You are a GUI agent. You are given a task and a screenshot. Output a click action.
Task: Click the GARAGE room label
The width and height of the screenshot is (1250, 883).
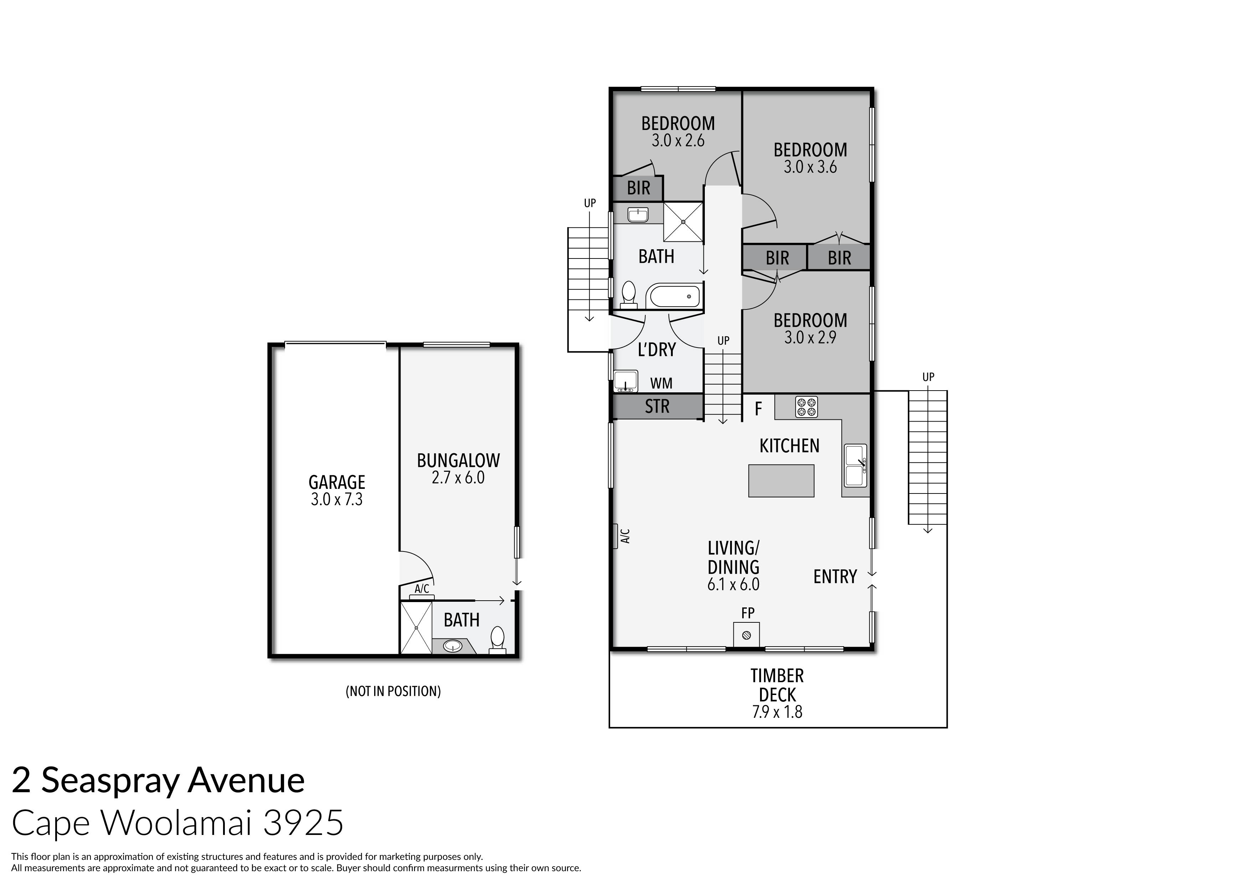pos(336,482)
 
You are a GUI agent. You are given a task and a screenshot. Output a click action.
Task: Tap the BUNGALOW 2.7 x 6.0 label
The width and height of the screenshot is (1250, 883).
pos(458,469)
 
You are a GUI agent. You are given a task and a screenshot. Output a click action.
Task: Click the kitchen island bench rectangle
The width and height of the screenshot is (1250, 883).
pos(781,480)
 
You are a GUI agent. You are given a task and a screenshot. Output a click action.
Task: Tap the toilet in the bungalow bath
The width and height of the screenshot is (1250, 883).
pos(497,639)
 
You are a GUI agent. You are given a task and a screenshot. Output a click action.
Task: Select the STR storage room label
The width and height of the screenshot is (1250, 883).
pos(657,406)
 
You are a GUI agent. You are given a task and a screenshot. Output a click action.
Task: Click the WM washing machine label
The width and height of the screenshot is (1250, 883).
pos(661,383)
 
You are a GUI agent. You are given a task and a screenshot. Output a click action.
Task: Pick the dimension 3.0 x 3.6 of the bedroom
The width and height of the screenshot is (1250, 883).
pos(810,167)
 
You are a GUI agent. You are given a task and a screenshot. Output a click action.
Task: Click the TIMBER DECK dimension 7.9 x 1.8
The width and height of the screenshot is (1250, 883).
pos(777,712)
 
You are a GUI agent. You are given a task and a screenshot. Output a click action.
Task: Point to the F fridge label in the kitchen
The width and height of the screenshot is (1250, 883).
pos(758,409)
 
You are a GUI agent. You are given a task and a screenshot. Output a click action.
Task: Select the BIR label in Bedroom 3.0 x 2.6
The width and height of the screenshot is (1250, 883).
pos(638,188)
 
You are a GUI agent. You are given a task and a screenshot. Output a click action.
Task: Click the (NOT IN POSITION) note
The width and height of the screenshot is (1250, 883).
pos(393,691)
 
